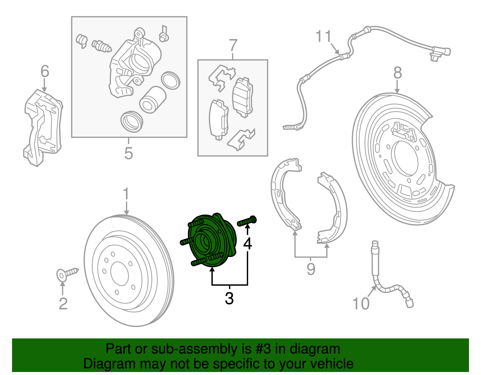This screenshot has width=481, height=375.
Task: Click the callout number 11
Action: pos(323,37)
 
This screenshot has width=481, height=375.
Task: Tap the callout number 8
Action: pos(397,73)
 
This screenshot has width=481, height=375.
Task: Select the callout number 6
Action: pos(45,71)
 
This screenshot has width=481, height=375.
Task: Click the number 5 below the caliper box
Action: pos(128,153)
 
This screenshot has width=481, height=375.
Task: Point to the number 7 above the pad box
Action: pos(233,46)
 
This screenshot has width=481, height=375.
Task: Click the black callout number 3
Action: pos(229,298)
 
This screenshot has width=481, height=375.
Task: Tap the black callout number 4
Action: pos(248,244)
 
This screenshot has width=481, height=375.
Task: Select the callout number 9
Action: pos(311,269)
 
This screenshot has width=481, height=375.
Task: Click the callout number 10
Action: pos(361,304)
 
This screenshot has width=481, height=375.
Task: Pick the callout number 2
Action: pos(63,304)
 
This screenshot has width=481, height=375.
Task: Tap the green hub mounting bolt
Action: pos(247,221)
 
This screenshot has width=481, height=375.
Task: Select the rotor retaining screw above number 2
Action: pos(67,274)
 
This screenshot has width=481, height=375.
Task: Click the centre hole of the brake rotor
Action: pos(119,272)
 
